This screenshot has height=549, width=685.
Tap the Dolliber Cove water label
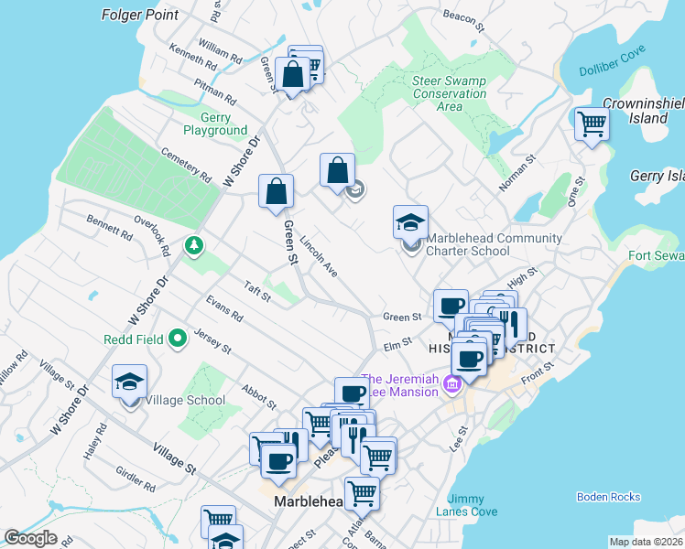pyautogui.click(x=614, y=71)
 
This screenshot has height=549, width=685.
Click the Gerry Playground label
pyautogui.click(x=215, y=124)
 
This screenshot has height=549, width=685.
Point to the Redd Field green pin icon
pyautogui.click(x=178, y=339)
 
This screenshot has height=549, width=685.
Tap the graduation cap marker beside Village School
pyautogui.click(x=130, y=382)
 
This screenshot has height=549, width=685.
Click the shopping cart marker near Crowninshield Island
pyautogui.click(x=591, y=124)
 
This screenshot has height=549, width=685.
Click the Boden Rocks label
pyautogui.click(x=608, y=497)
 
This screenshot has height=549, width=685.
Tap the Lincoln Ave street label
pyautogui.click(x=319, y=257)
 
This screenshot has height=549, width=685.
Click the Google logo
pyautogui.click(x=31, y=538)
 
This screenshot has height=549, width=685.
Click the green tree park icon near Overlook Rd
pyautogui.click(x=193, y=244)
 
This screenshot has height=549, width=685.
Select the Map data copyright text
pyautogui.click(x=646, y=542)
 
